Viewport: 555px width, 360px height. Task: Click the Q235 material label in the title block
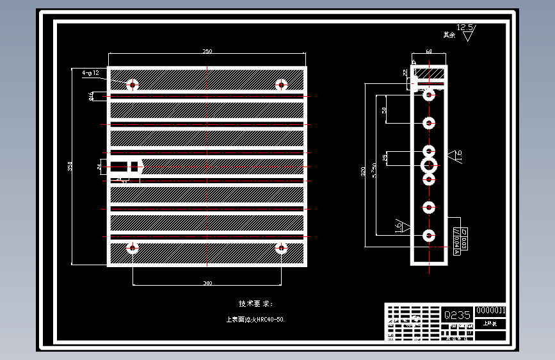coord(457,315)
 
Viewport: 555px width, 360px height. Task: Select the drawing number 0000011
coord(491,311)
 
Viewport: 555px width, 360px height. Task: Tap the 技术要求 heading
coord(255,304)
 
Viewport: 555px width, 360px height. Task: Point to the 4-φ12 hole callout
coord(90,73)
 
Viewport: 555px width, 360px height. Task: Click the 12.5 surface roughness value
coord(466,28)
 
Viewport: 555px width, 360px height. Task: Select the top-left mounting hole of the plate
coord(133,84)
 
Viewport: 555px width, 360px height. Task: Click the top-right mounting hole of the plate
coord(280,84)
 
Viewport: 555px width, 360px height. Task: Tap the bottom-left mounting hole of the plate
coord(133,247)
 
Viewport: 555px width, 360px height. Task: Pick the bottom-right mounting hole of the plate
coord(280,247)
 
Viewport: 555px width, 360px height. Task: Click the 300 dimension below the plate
coord(207,283)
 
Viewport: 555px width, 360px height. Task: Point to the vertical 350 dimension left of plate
coord(70,167)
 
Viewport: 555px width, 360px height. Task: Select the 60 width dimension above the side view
coord(428,51)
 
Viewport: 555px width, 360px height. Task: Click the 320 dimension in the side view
coord(364,171)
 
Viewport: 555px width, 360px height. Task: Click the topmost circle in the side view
coord(429,95)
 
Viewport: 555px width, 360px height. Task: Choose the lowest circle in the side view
coord(428,235)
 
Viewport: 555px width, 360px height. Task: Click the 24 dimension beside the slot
coord(99,167)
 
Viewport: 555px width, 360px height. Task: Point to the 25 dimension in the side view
coord(385,158)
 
